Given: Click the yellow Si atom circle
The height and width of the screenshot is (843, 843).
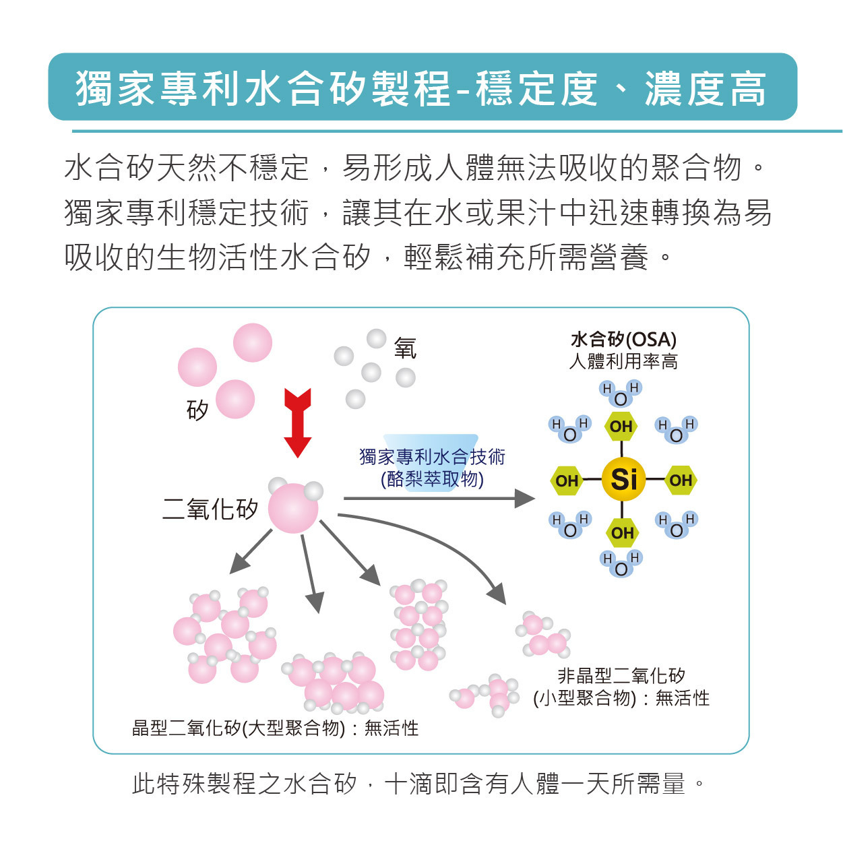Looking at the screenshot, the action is tap(623, 479).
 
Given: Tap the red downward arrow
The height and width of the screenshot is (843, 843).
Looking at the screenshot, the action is tap(297, 423).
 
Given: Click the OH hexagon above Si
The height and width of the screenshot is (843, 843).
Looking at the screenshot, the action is tap(621, 426).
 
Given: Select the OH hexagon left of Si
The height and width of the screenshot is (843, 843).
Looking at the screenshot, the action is tap(567, 480).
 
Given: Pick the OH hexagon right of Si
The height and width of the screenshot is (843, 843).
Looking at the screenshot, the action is tap(680, 480).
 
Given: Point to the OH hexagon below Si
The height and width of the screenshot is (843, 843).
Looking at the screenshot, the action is tap(622, 533).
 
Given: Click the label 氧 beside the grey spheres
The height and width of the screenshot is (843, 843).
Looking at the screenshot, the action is tap(405, 348).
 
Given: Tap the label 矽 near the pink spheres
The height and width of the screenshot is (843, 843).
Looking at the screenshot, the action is tap(197, 410).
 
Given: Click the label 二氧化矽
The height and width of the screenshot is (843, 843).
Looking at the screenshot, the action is tap(210, 508).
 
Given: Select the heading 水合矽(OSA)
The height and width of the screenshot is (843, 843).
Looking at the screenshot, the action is tap(623, 339).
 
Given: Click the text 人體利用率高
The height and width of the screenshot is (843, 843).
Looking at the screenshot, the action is tap(623, 361).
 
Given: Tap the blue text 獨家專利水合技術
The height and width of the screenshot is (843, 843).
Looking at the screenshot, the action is tap(432, 457).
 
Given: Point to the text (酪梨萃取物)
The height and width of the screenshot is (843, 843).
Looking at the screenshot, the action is tap(432, 480).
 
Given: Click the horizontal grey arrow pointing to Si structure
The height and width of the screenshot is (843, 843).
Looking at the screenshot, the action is tap(439, 498).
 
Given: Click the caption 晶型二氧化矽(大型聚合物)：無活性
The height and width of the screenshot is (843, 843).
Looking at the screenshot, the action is tap(275, 728).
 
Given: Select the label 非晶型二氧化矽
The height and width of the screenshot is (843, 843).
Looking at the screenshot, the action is tap(621, 676).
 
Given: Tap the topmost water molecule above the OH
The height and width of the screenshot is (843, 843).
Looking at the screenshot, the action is tap(621, 394).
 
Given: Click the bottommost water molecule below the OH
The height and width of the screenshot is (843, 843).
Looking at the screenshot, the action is tap(621, 564).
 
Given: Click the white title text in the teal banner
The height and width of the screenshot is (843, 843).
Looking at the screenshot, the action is tap(421, 89).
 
